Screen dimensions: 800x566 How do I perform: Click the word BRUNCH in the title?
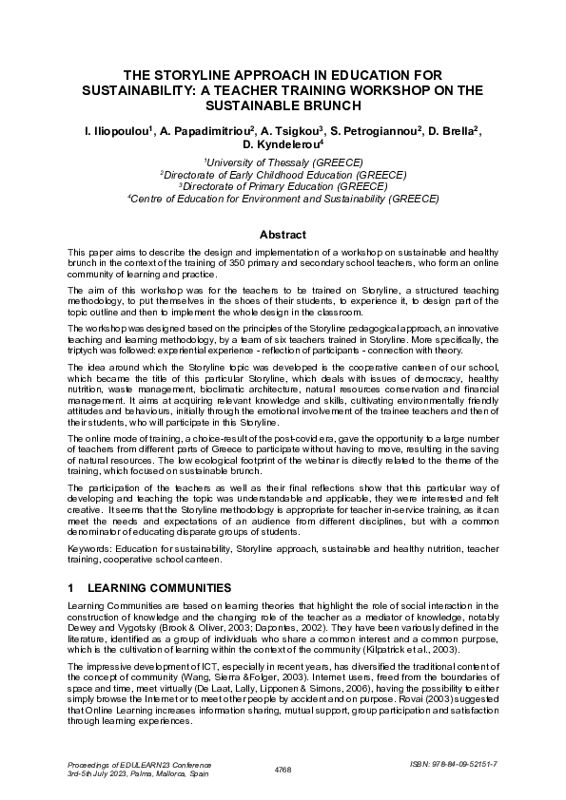coord(331,105)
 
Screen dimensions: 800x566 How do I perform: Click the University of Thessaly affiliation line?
coord(283,162)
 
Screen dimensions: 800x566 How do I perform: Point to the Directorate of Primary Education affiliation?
coord(283,187)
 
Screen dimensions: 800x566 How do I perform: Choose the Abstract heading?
coord(283,235)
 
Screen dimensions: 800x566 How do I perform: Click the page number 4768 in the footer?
coord(283,768)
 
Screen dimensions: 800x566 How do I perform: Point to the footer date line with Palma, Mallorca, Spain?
coord(130,773)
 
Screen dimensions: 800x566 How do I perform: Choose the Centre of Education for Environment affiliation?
coord(283,200)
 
